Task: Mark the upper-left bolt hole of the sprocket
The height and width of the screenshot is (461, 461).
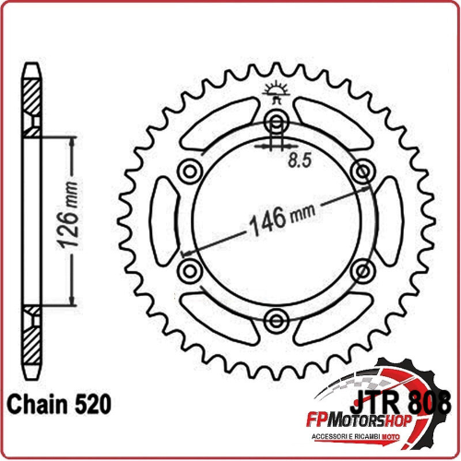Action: [191, 171]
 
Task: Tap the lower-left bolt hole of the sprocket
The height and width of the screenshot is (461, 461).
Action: [191, 270]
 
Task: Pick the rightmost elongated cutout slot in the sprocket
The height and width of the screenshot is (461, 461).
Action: [390, 220]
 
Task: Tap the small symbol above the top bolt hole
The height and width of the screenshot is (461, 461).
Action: [276, 90]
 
